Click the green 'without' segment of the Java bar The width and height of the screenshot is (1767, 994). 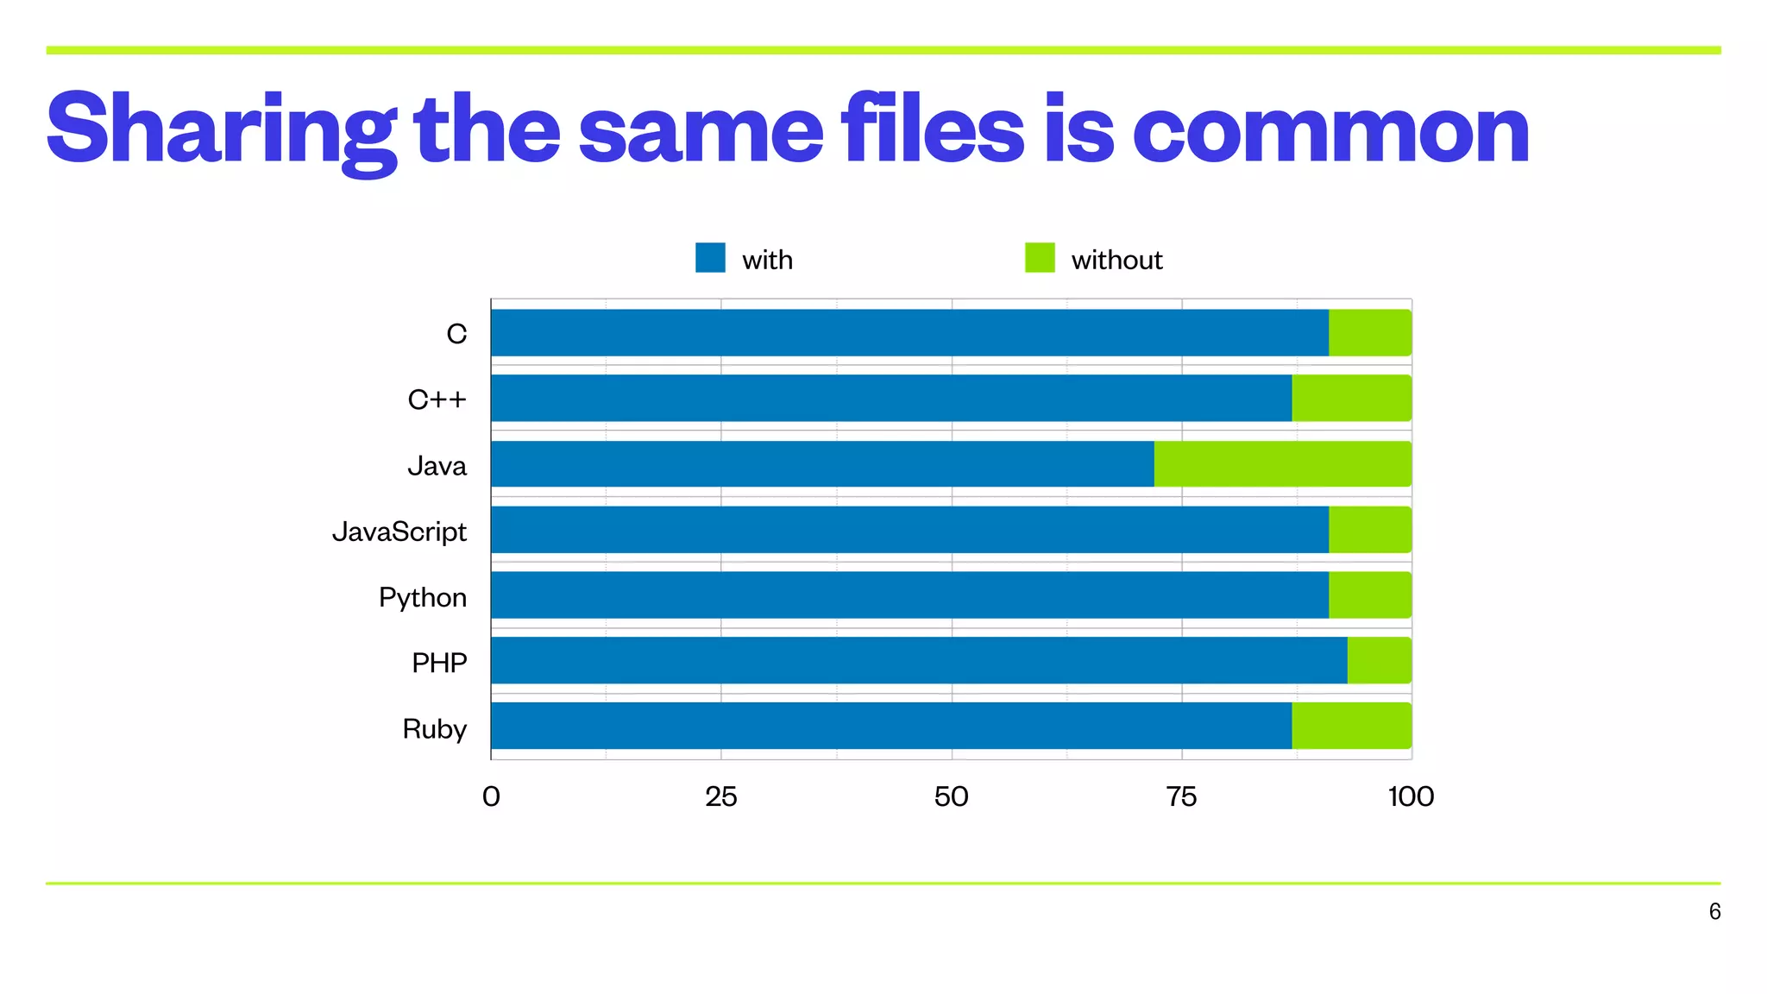pos(1282,464)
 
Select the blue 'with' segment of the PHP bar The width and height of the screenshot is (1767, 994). pos(919,661)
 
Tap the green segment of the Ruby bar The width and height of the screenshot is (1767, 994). pos(1351,726)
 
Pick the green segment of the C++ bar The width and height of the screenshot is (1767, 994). pos(1351,398)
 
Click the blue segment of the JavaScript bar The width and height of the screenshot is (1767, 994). pos(909,530)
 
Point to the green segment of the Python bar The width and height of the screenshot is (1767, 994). pos(1370,595)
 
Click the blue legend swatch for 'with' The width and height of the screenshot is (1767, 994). pos(710,258)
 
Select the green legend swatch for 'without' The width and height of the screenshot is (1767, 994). pos(1040,258)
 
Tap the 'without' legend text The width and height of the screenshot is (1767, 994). pos(1116,260)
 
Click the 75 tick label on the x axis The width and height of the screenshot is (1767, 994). pos(1181,796)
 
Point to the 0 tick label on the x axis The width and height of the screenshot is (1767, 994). pos(491,796)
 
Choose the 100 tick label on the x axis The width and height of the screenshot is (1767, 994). pos(1411,796)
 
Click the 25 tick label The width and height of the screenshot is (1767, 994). pos(721,796)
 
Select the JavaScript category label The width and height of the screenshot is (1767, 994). pos(399,532)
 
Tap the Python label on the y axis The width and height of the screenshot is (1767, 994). pos(423,597)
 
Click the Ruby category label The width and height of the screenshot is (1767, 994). pos(434,729)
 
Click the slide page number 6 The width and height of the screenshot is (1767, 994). pos(1714,911)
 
